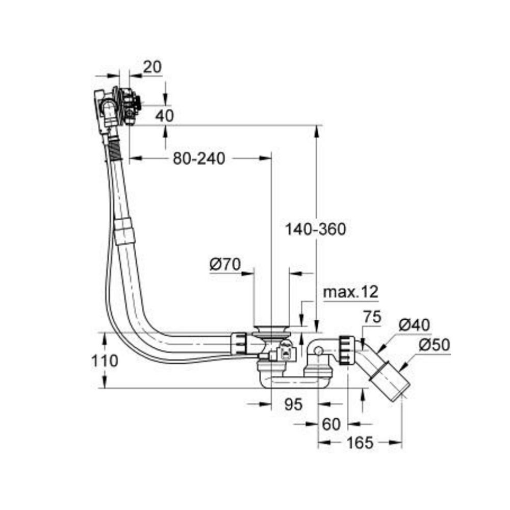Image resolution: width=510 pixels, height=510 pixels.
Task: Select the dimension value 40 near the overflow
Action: [x=164, y=115]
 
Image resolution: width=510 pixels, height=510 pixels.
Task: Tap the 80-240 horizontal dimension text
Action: [x=198, y=159]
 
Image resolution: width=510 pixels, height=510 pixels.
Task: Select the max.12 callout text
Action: [x=351, y=292]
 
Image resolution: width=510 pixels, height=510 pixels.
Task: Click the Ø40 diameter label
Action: [x=414, y=324]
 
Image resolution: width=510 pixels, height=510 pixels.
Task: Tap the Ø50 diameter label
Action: [x=435, y=345]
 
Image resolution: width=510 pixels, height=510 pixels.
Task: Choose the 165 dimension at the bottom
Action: [x=360, y=443]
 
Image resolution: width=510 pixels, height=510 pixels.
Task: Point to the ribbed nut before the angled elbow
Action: [x=345, y=350]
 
